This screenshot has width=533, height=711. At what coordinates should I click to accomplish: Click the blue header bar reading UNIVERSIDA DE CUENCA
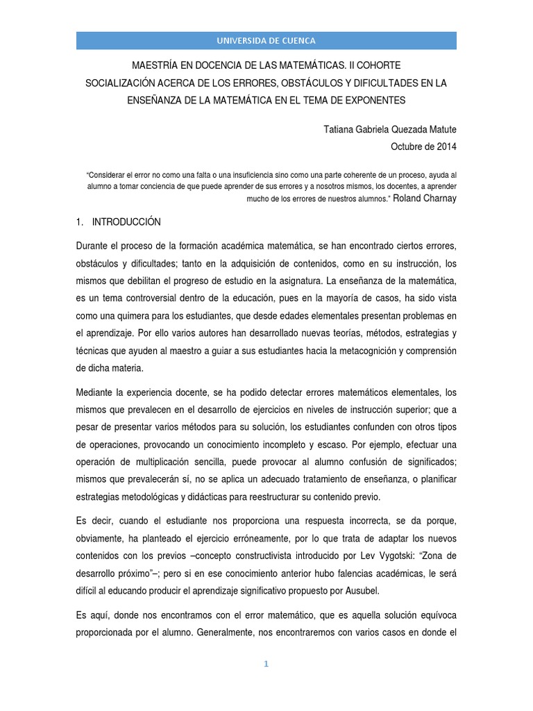point(266,40)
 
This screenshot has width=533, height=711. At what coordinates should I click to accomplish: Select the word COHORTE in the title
point(376,65)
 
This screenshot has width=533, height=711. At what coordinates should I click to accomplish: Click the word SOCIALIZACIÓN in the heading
point(119,83)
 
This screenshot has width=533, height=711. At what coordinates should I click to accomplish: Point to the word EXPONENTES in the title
point(373,101)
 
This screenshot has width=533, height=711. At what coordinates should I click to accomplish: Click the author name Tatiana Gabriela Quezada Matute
point(390,129)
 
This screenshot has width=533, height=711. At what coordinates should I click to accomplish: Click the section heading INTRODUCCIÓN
point(126,222)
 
